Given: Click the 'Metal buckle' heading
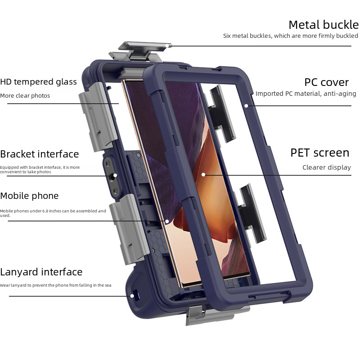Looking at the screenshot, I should [323, 24].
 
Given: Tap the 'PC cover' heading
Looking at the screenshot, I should [326, 82].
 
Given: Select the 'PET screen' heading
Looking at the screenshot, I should [319, 153].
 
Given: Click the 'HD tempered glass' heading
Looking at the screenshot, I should [38, 82].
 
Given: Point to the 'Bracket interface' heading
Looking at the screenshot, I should [39, 154].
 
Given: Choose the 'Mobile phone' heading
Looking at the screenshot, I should [29, 196].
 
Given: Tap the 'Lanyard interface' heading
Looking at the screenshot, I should [41, 272].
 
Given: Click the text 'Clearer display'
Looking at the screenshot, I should [326, 167].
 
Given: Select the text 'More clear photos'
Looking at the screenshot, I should [25, 96].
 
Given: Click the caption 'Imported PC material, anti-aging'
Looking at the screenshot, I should [306, 94].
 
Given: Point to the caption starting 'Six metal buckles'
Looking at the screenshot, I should [290, 36].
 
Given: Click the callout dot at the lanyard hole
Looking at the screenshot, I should [132, 296].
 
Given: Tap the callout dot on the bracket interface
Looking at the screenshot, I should [115, 175].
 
